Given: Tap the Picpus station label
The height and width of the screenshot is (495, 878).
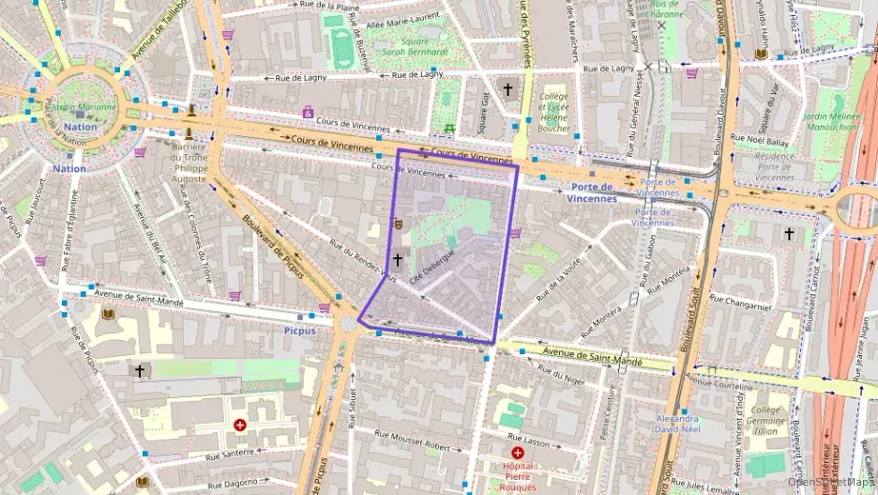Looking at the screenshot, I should pyautogui.click(x=300, y=332).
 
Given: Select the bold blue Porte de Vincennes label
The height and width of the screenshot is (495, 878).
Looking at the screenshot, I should pyautogui.click(x=591, y=193).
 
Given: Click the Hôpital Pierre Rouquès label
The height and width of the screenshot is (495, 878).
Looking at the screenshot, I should pyautogui.click(x=517, y=475).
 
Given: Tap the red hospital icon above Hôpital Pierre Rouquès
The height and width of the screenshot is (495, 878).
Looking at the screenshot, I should pyautogui.click(x=517, y=453).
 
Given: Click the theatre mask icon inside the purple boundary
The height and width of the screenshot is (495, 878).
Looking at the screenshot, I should pyautogui.click(x=398, y=224).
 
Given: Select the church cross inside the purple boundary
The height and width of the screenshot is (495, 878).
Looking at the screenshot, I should pyautogui.click(x=397, y=259).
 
